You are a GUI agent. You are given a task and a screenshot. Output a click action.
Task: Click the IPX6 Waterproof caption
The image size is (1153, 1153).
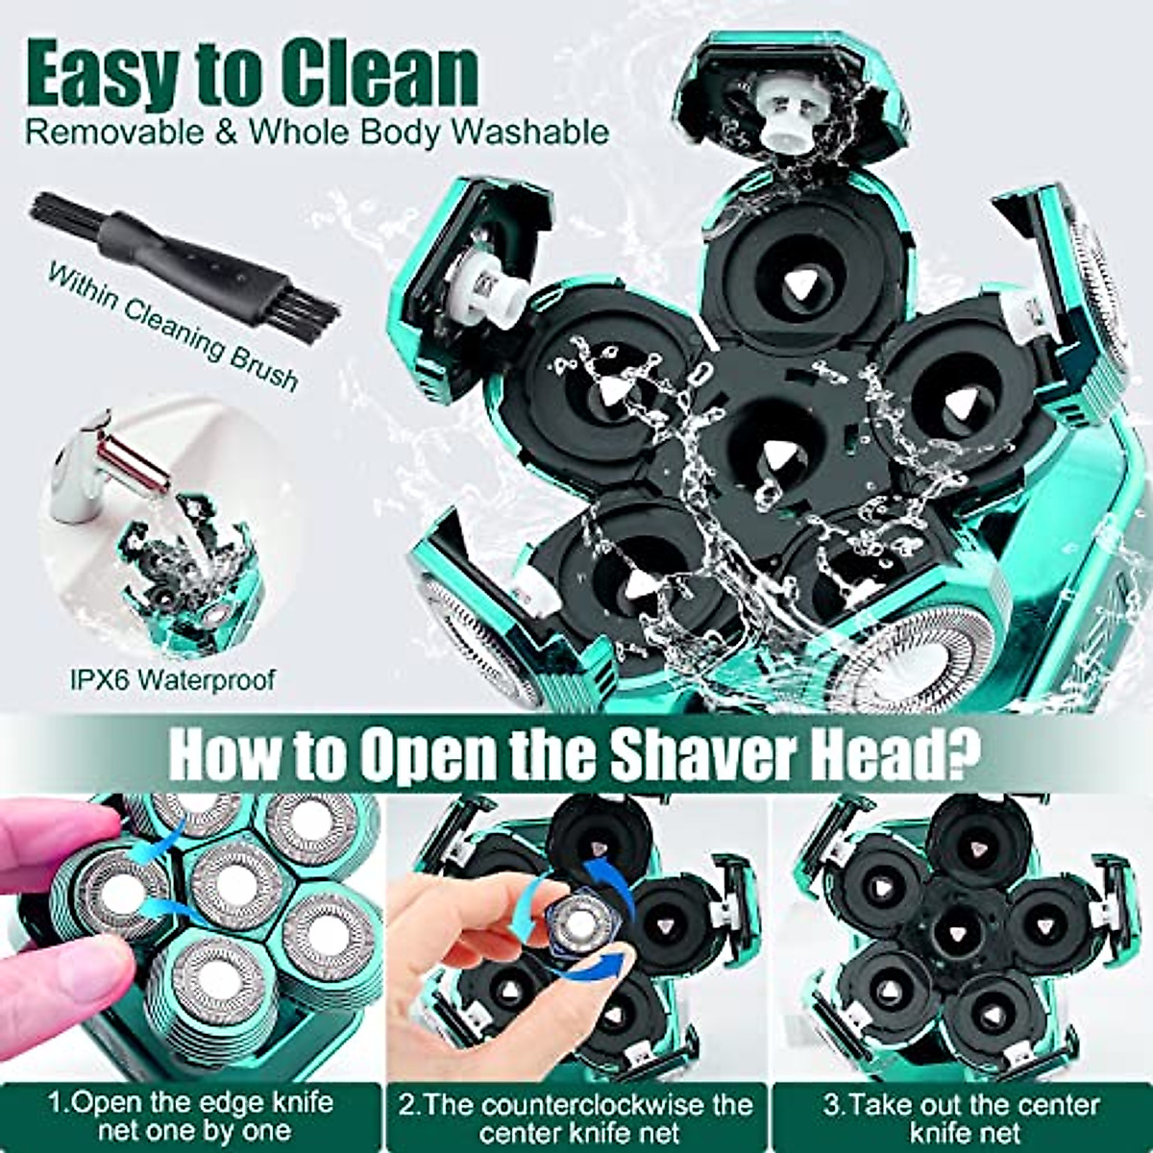pos(172,680)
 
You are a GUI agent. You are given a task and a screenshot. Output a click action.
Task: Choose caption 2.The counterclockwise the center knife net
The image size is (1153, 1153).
pos(576,1116)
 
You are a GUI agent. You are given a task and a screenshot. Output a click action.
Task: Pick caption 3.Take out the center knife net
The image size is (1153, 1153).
pos(961,1116)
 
